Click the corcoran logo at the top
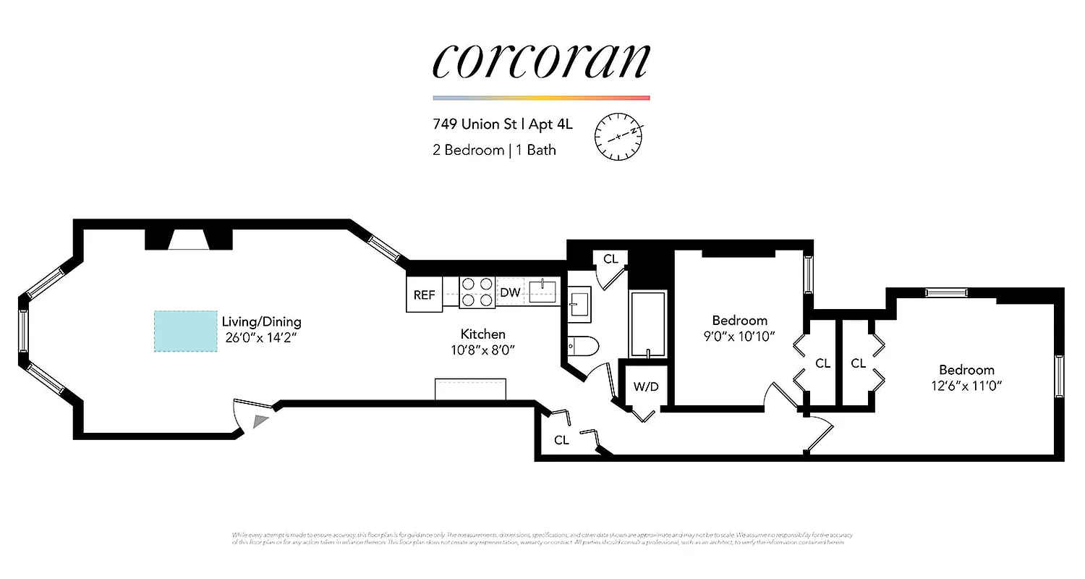pyautogui.click(x=541, y=61)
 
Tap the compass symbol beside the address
pyautogui.click(x=618, y=135)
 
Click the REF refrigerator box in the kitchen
pyautogui.click(x=424, y=295)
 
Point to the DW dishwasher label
pyautogui.click(x=510, y=292)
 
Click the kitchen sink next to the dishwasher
pyautogui.click(x=542, y=292)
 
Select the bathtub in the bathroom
pyautogui.click(x=647, y=324)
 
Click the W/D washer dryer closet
pyautogui.click(x=646, y=386)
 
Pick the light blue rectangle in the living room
pyautogui.click(x=186, y=331)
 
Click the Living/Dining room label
pyautogui.click(x=261, y=321)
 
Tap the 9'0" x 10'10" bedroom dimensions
pyautogui.click(x=739, y=336)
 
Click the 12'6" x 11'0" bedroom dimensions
pyautogui.click(x=966, y=385)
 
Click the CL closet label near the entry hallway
pyautogui.click(x=561, y=439)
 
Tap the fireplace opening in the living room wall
pyautogui.click(x=189, y=240)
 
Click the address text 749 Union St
pyautogui.click(x=474, y=124)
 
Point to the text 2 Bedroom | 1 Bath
pyautogui.click(x=494, y=150)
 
